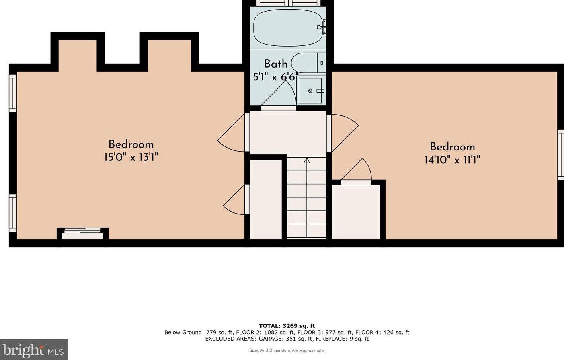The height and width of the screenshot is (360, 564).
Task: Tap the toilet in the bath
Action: (308, 63)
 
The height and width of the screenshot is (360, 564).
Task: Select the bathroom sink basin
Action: (311, 91)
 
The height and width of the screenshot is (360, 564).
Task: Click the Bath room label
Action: (276, 64)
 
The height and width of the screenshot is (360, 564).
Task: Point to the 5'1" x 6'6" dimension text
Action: (276, 76)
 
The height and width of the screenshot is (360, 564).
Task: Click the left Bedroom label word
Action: (131, 144)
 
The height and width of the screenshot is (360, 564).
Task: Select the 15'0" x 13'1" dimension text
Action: (131, 157)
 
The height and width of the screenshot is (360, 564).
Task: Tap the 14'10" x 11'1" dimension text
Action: (452, 160)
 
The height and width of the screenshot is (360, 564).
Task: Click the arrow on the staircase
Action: (307, 161)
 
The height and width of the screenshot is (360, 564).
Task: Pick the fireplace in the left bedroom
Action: (83, 234)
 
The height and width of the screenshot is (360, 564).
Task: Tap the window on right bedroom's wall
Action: (560, 154)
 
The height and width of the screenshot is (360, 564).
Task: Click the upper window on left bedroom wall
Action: (13, 93)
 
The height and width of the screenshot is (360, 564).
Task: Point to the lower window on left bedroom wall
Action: (13, 213)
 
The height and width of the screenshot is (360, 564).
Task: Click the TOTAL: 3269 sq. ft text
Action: (287, 326)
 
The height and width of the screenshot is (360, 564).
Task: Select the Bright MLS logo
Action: (34, 350)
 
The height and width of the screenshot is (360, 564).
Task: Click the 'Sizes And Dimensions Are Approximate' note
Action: (287, 351)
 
